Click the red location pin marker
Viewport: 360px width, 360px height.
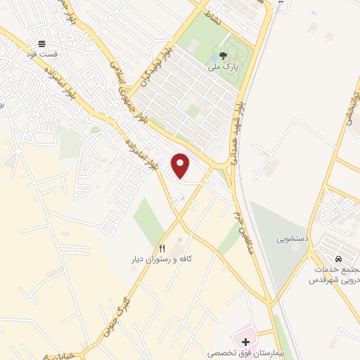(x=181, y=165)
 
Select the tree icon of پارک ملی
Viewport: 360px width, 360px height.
(x=223, y=57)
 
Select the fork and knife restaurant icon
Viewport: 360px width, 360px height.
(x=162, y=248)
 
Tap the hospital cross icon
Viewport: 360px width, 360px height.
(x=245, y=341)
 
